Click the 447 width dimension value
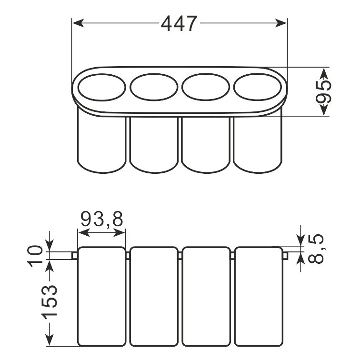tap(179, 24)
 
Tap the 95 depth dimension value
tap(323, 92)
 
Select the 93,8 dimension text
tap(102, 219)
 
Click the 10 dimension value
tap(35, 256)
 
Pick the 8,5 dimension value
tap(315, 249)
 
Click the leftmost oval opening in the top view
tap(102, 87)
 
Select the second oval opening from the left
tap(154, 87)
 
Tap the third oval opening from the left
tap(206, 87)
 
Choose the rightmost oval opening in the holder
tap(257, 87)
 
